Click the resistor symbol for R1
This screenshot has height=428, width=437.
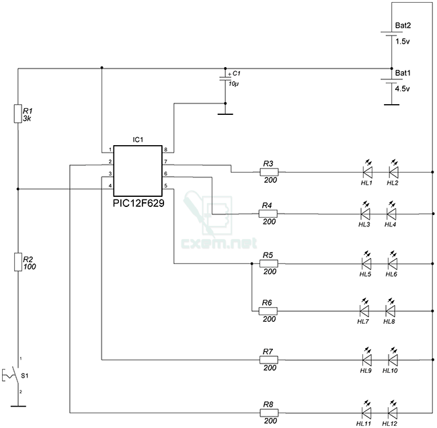[18, 114]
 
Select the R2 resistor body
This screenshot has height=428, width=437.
[18, 262]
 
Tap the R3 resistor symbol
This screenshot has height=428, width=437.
[269, 172]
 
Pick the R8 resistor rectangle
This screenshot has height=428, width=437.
[269, 413]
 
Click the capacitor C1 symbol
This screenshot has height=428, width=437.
[225, 79]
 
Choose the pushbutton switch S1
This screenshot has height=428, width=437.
[11, 375]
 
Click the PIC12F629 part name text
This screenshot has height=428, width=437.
[138, 203]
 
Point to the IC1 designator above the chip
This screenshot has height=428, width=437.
[138, 140]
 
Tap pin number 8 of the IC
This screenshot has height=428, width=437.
[165, 150]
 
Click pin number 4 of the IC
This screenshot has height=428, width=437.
[110, 185]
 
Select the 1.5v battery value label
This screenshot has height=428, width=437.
[403, 42]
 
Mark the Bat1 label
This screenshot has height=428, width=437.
[403, 73]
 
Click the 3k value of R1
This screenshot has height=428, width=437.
[27, 119]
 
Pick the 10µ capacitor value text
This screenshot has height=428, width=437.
[233, 84]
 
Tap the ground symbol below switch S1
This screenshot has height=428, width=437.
[18, 406]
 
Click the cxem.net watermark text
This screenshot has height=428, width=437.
[219, 243]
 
